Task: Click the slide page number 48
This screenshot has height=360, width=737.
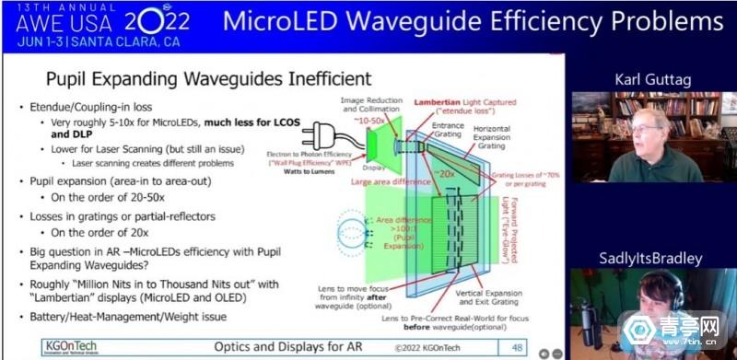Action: (x=518, y=346)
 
